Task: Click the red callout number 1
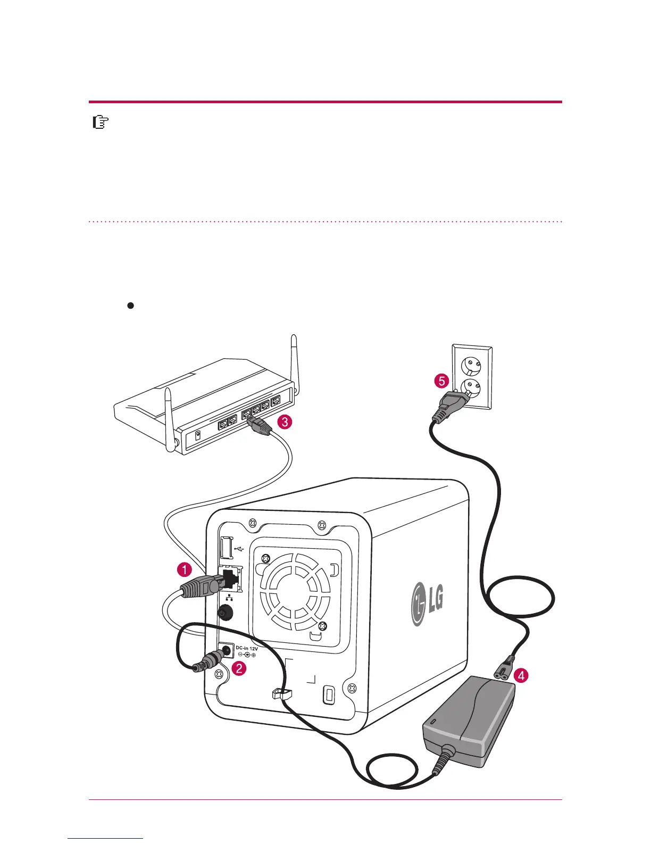[185, 570]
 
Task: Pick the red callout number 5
[440, 381]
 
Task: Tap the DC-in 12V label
[247, 649]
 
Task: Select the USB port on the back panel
[226, 548]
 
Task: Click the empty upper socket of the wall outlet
[470, 365]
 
